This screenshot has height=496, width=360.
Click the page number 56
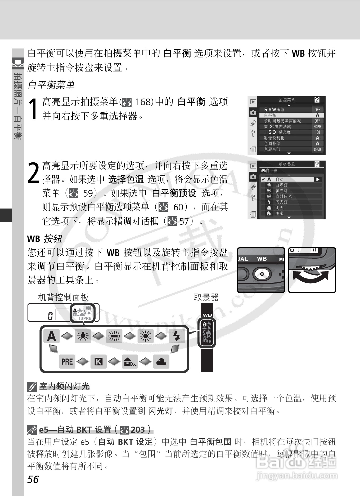tap(33, 479)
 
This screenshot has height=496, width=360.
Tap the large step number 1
tap(34, 109)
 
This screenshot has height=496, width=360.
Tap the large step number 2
tap(34, 173)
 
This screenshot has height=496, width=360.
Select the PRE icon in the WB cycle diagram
tap(67, 361)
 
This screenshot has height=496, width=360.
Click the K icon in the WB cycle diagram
tap(98, 361)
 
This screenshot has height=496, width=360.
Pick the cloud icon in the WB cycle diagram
tap(161, 361)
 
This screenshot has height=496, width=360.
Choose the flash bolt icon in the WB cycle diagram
tap(177, 336)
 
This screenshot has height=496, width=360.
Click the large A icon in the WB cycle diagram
tap(51, 336)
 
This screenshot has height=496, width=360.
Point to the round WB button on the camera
tap(262, 274)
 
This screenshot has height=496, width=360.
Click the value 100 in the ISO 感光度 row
tap(317, 132)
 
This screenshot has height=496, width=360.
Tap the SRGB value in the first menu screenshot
tap(317, 149)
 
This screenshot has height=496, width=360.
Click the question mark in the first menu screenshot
tap(317, 100)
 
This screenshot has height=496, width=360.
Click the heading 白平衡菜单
tap(51, 85)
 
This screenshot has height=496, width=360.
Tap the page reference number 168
tap(144, 102)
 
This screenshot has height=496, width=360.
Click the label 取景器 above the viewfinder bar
tap(206, 298)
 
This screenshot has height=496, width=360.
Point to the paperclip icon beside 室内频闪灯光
tap(32, 387)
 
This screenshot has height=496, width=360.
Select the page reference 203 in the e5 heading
tap(138, 430)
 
